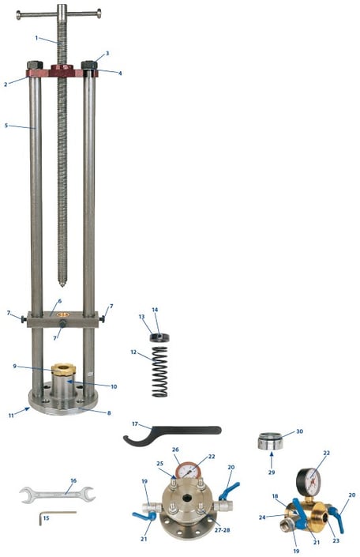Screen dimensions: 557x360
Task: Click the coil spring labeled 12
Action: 160,371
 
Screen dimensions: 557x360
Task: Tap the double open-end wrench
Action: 57,495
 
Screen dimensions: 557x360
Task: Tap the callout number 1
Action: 36,38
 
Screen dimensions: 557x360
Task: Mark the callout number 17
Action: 135,423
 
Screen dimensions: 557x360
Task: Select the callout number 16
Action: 73,480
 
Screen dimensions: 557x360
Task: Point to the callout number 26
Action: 176,450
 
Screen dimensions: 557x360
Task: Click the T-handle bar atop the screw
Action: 58,13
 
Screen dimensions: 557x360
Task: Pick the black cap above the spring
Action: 159,338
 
